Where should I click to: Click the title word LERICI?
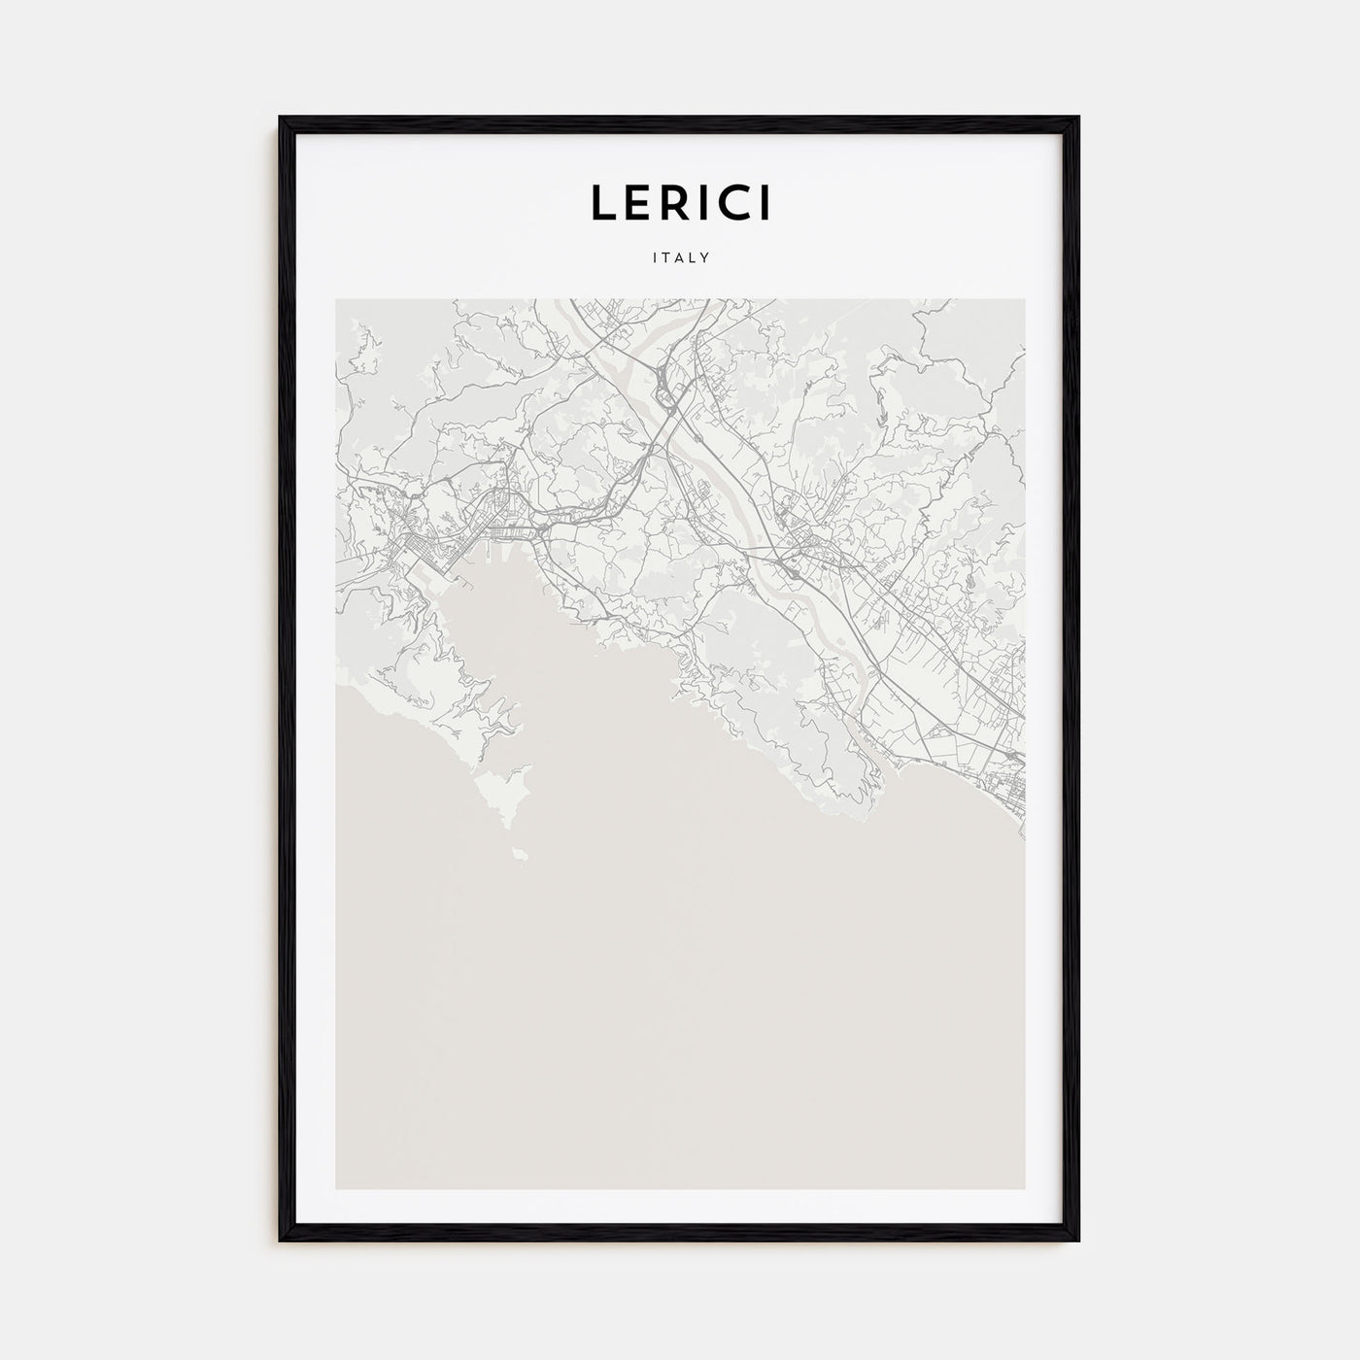[680, 202]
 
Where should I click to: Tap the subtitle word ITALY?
[680, 258]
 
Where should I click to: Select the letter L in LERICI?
[601, 202]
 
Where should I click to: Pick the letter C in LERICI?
[733, 202]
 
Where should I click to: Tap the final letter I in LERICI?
[765, 202]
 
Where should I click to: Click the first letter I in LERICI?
[705, 202]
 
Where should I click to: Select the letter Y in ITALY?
[707, 258]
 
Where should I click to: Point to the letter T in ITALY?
[666, 258]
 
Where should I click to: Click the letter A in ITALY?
[680, 258]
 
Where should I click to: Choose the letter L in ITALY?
[694, 258]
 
